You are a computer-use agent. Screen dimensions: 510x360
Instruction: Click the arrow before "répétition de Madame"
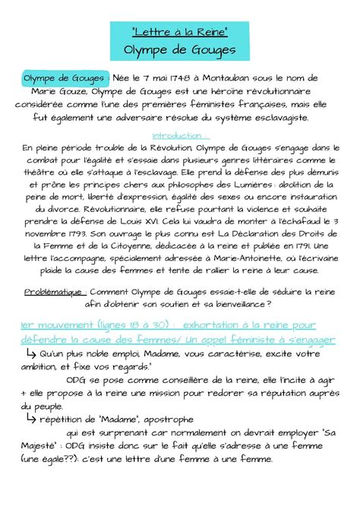(32, 418)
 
